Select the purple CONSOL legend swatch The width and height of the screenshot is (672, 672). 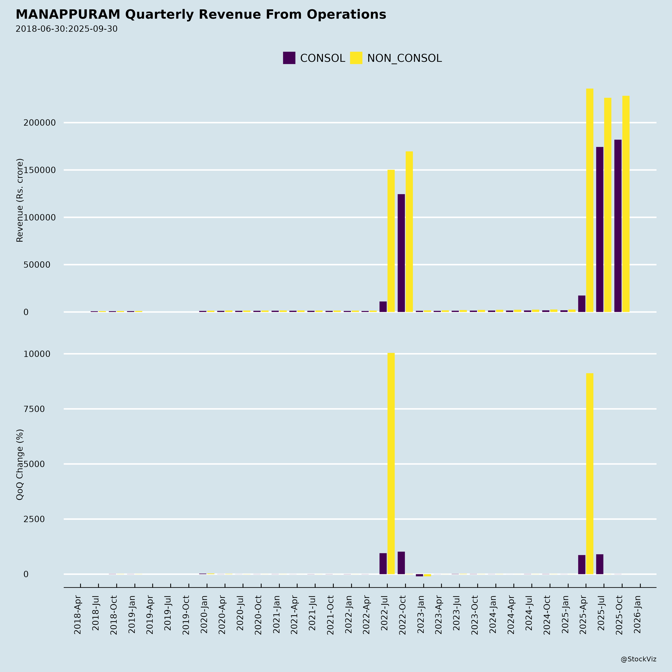289,58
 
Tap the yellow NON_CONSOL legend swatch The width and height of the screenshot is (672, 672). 356,58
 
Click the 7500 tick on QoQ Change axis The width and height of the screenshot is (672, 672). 34,409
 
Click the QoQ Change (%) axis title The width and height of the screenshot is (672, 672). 20,464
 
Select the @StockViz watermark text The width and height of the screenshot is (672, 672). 638,659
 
